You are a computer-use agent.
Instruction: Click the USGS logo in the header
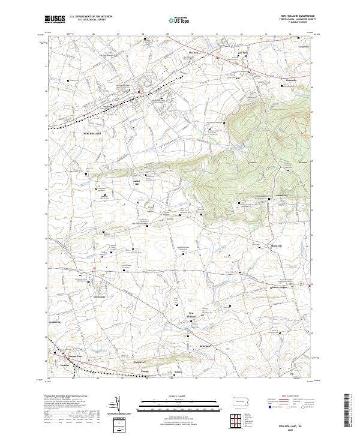coord(56,20)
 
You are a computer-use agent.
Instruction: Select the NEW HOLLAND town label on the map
coord(92,133)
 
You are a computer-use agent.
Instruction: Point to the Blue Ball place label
coord(193,53)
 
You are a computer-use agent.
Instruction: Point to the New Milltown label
coord(193,315)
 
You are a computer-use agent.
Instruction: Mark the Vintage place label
coord(145,372)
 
